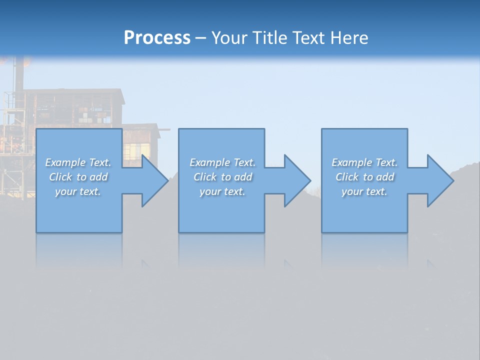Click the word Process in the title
pyautogui.click(x=157, y=38)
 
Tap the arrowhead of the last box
pyautogui.click(x=439, y=180)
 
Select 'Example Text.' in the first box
pyautogui.click(x=78, y=162)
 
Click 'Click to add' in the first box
pyautogui.click(x=78, y=177)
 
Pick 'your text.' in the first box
pyautogui.click(x=78, y=191)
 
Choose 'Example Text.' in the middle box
pyautogui.click(x=222, y=162)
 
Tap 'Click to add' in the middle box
pyautogui.click(x=222, y=177)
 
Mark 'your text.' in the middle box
pyautogui.click(x=222, y=191)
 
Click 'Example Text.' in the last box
pyautogui.click(x=364, y=162)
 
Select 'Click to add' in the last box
pyautogui.click(x=364, y=177)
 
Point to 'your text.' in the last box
pyautogui.click(x=364, y=191)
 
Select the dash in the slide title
pyautogui.click(x=201, y=38)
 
